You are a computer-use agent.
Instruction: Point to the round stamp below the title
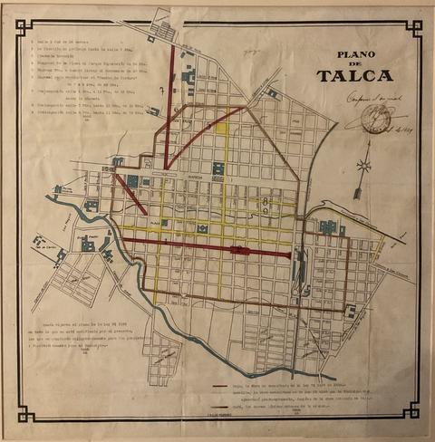pos(373,118)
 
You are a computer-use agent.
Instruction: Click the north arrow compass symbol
pos(363,172)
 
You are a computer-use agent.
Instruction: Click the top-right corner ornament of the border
pos(413,26)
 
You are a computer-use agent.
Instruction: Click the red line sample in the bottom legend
pos(220,384)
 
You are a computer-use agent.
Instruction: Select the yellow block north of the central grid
pos(222,126)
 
